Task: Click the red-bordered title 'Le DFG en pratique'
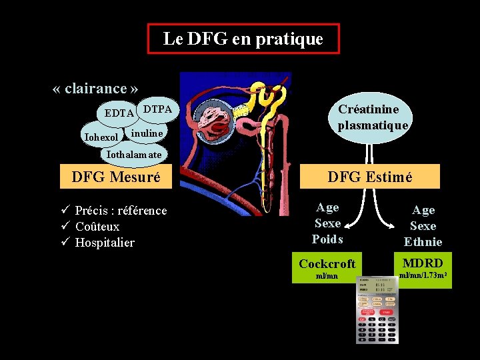[x=243, y=39]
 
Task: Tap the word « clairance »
[x=95, y=89]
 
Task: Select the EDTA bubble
[x=119, y=113]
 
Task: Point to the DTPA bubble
[x=158, y=109]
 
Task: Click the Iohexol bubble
[x=102, y=137]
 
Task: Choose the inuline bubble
[x=147, y=133]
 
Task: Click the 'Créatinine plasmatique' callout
[x=373, y=117]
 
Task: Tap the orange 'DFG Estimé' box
[x=379, y=177]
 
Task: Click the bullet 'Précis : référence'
[x=121, y=211]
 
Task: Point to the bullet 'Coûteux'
[x=97, y=227]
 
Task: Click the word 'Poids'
[x=327, y=239]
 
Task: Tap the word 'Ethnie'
[x=423, y=242]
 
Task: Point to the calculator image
[x=377, y=310]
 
